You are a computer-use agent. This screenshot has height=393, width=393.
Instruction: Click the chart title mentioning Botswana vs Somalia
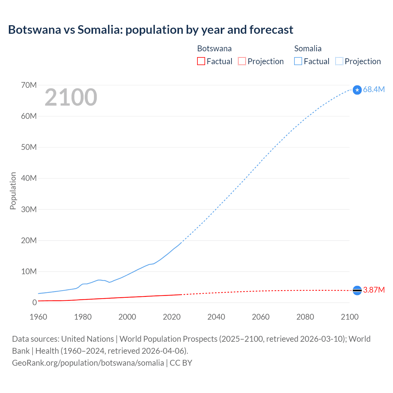point(150,30)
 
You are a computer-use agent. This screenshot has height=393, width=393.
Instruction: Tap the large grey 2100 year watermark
point(71,97)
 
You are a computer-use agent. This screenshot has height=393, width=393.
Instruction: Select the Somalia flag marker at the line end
point(357,90)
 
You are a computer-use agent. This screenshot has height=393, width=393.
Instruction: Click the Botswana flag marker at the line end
point(357,290)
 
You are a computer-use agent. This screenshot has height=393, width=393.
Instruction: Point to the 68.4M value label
point(374,89)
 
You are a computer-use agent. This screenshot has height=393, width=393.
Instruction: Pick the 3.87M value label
point(374,290)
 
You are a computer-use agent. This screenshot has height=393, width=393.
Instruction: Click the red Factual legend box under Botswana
point(201,61)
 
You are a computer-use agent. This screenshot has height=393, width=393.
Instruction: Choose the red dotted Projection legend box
point(242,61)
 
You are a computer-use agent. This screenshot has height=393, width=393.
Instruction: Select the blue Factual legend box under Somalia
point(298,61)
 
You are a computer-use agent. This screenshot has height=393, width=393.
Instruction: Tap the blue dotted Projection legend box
point(339,61)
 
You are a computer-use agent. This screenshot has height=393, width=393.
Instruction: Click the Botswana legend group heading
point(214,49)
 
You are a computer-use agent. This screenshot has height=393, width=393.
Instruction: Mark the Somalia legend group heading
point(308,49)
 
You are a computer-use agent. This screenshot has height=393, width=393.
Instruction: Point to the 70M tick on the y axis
point(29,85)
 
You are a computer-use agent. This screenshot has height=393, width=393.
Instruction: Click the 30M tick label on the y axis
point(29,209)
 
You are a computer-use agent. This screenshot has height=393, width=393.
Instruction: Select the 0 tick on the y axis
point(34,302)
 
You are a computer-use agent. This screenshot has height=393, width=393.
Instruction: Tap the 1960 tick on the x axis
point(38,317)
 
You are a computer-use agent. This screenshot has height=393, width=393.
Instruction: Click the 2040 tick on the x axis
point(216,317)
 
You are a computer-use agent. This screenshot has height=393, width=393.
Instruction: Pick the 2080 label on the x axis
point(305,317)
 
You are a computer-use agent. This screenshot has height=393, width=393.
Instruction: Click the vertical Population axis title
point(13,191)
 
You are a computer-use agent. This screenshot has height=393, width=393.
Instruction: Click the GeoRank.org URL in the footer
point(88,363)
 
